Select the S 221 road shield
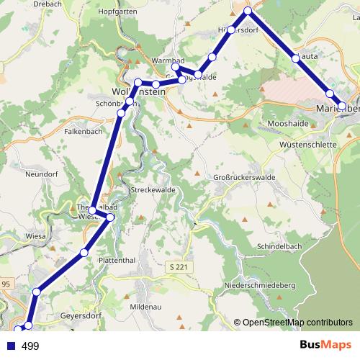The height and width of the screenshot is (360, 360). (x=184, y=268)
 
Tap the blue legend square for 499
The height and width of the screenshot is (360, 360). (x=9, y=346)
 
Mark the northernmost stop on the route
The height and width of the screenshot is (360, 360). (x=248, y=11)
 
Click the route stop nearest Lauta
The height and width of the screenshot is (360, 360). (x=296, y=57)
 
